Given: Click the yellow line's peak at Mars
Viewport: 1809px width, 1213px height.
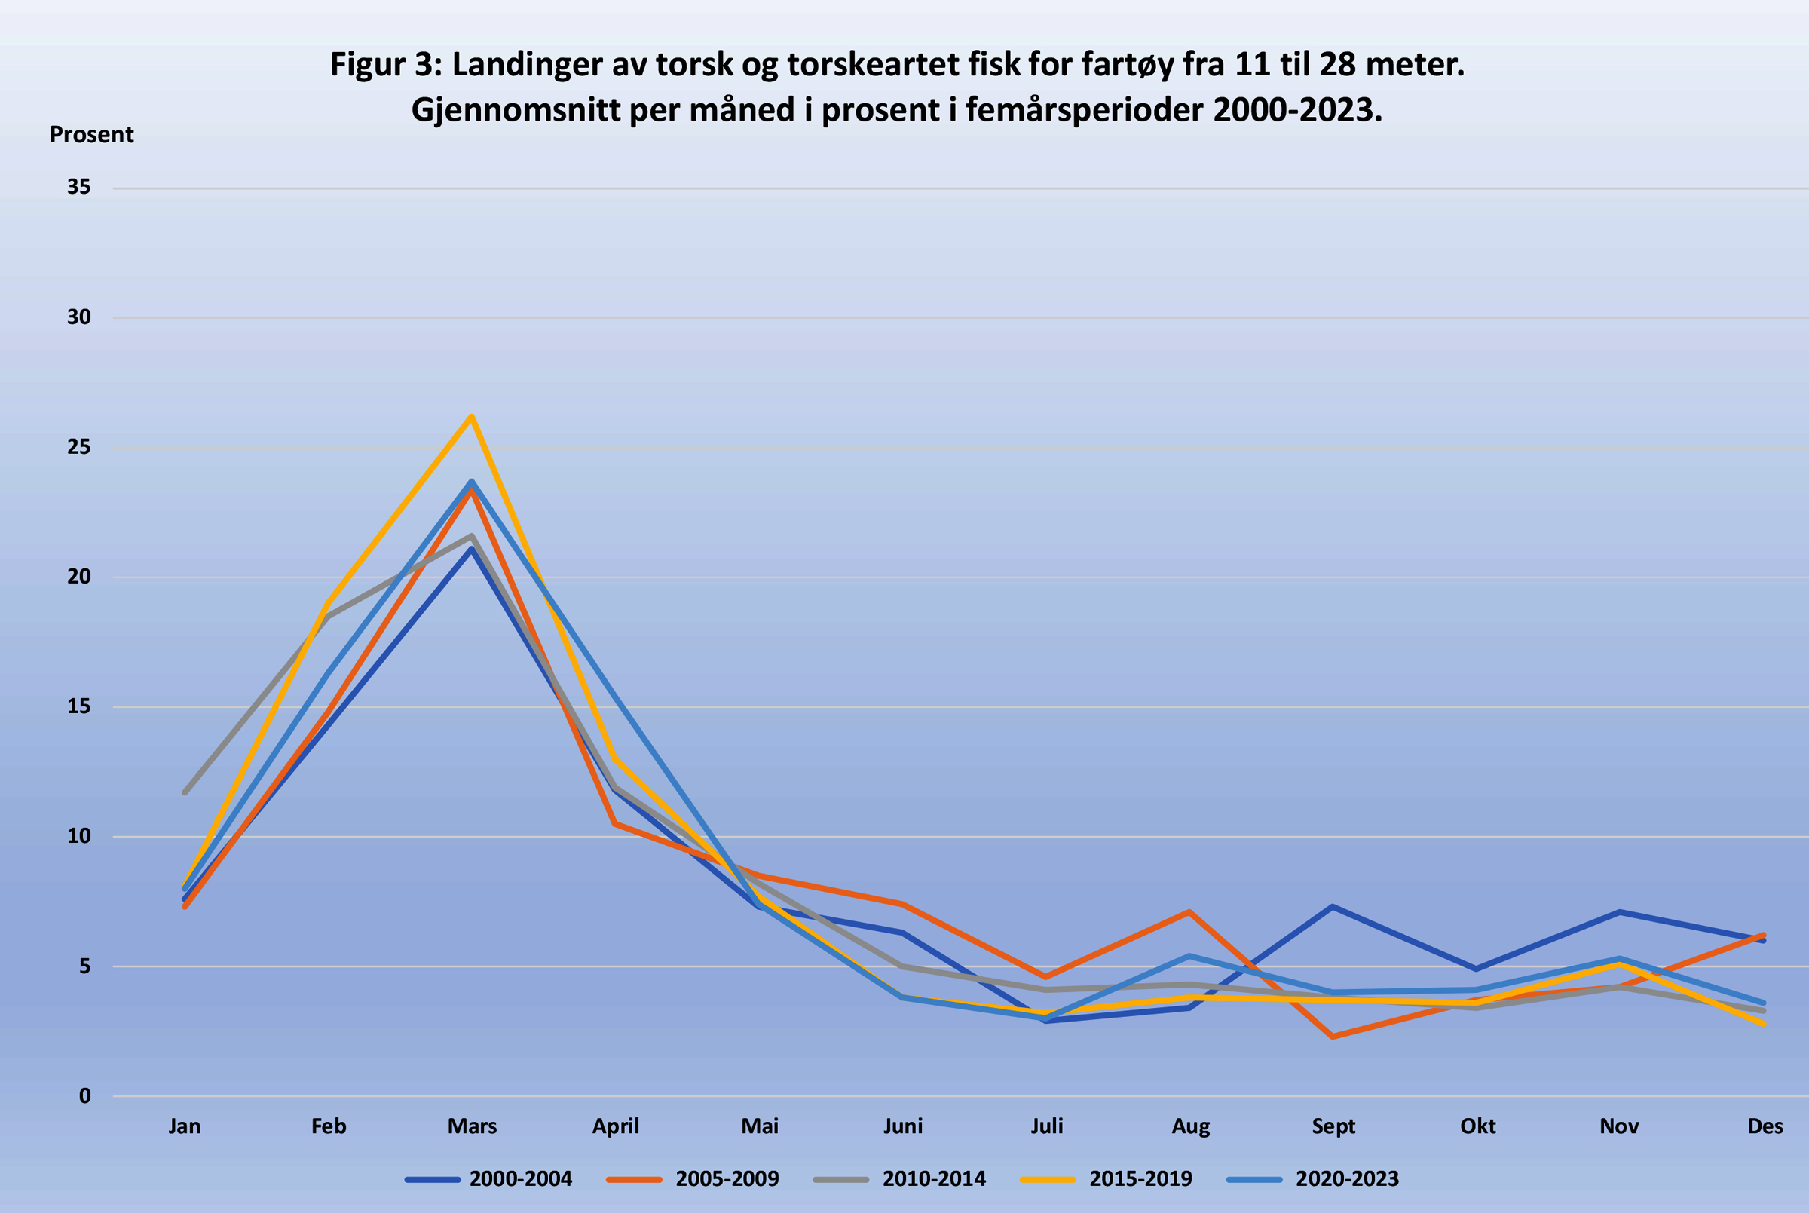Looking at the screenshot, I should pos(471,417).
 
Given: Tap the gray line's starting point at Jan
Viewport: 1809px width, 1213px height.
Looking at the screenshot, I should pos(185,792).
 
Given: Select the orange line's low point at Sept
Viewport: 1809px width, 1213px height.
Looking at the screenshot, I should pos(1333,1037).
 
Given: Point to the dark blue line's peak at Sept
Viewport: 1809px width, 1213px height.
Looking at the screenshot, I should pos(1333,907).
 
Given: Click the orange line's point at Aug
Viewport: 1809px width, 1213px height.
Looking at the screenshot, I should pos(1189,912).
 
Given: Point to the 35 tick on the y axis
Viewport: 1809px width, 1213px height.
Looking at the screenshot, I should pos(79,187).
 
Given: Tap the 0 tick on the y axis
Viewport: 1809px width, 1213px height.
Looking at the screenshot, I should pos(85,1095).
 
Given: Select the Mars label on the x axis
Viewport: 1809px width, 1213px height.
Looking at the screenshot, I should pos(472,1126).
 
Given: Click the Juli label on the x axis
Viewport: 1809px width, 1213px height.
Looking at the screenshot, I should pos(1046,1126).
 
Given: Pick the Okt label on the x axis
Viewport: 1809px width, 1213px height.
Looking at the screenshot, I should pos(1477,1126).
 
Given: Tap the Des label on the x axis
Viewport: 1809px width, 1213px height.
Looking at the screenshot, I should pos(1765,1126).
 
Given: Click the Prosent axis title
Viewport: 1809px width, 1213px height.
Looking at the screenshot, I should pos(91,135).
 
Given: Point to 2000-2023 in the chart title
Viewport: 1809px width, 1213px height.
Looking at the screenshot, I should pos(1296,111).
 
